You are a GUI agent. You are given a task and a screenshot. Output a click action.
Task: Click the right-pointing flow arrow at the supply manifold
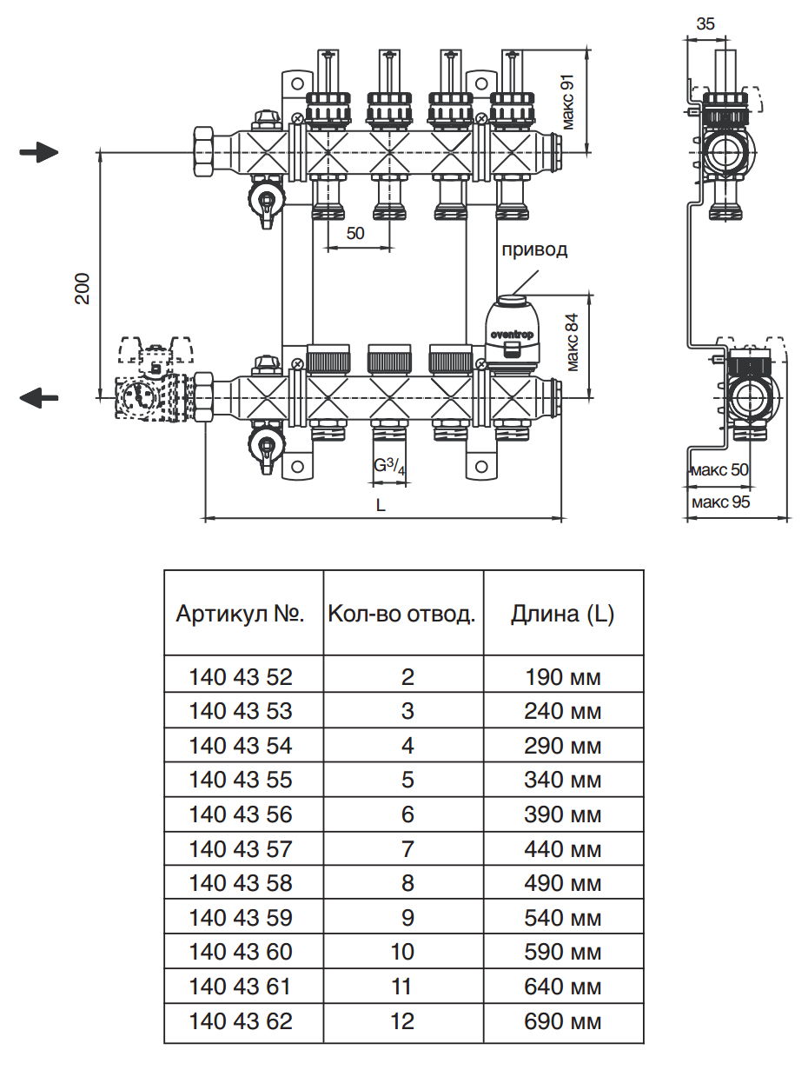pos(38,153)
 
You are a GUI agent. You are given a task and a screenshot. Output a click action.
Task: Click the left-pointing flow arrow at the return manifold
pos(38,398)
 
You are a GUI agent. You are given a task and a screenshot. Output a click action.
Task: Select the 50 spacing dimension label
pos(355,233)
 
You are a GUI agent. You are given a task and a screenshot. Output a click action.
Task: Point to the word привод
pos(534,250)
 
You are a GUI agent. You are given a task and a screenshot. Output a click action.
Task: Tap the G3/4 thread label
pos(389,467)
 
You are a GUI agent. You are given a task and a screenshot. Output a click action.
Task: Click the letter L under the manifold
pos(381,505)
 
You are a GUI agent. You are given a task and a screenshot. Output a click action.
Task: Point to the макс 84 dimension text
pos(572,342)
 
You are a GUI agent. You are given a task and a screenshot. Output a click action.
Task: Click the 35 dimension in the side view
pos(705,24)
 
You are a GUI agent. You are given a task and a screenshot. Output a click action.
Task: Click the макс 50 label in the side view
pos(719,470)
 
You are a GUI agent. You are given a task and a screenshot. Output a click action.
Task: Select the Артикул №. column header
pos(241,615)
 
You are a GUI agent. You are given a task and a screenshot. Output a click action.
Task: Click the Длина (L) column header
pos(562,615)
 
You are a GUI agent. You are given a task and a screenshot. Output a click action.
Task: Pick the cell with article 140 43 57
pos(241,849)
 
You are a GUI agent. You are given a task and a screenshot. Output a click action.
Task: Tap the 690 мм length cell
pos(562,1021)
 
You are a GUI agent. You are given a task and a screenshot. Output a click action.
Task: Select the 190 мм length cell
pos(562,677)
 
